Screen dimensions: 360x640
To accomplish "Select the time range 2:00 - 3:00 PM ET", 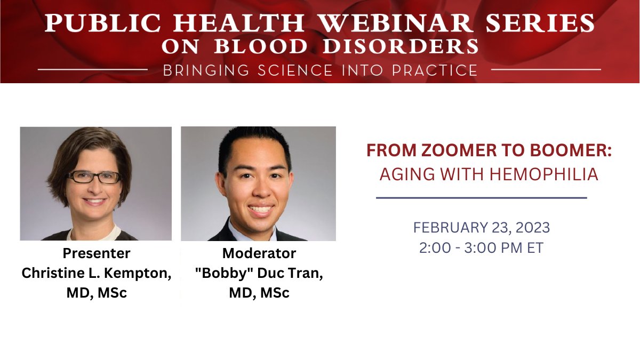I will pyautogui.click(x=481, y=248).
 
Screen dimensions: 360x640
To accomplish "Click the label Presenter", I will pyautogui.click(x=97, y=253).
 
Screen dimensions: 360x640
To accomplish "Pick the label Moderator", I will pyautogui.click(x=259, y=253).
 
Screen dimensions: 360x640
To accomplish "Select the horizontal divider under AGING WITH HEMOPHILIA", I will pyautogui.click(x=481, y=198).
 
